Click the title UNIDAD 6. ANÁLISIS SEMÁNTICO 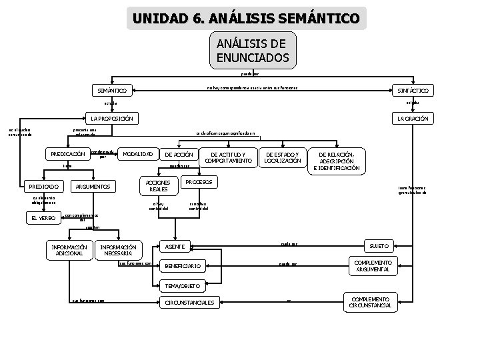246,17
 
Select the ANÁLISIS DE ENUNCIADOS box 252,51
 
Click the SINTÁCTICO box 412,90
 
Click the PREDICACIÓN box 67,154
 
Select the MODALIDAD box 139,154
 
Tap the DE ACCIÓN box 178,154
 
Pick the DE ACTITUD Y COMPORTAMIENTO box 227,157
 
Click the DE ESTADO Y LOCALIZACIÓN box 283,157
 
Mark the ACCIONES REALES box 158,186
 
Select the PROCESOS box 198,182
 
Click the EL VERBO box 43,218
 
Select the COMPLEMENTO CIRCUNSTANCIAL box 371,302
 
